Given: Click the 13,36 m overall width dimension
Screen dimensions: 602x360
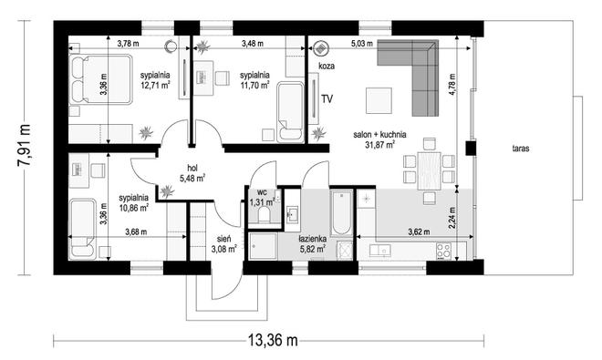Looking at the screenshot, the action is coord(273,340).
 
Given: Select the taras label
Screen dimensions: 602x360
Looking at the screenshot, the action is coord(521,149).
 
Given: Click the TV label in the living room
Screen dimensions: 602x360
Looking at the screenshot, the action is coord(327,99).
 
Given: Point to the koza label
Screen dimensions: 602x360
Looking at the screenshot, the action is coord(327,66).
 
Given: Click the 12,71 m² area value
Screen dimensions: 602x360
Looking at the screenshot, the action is coord(155,85).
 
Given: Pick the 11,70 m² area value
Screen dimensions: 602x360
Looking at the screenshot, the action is coord(254,85).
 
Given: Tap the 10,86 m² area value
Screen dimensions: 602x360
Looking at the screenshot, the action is coord(133,208).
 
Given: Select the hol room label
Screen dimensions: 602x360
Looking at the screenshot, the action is coord(192,168).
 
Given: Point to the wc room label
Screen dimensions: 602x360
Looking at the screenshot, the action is coord(262,192).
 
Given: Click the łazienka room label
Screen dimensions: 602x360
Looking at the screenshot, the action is coord(313,239).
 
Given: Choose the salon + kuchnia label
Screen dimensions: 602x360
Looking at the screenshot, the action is coord(379,135).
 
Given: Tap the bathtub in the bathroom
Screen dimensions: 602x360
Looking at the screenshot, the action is coord(341,212).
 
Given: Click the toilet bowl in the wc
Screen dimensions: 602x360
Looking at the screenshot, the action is coord(264,214).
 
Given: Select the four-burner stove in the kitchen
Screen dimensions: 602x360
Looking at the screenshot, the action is coord(444,251).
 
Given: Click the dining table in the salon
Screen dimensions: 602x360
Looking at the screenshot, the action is coord(429,170).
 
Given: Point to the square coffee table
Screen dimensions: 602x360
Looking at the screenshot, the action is coord(379,100).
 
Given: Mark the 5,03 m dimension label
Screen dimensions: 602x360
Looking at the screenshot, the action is coord(362,44).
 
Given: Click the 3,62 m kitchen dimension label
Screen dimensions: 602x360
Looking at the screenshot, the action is coord(419,231).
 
